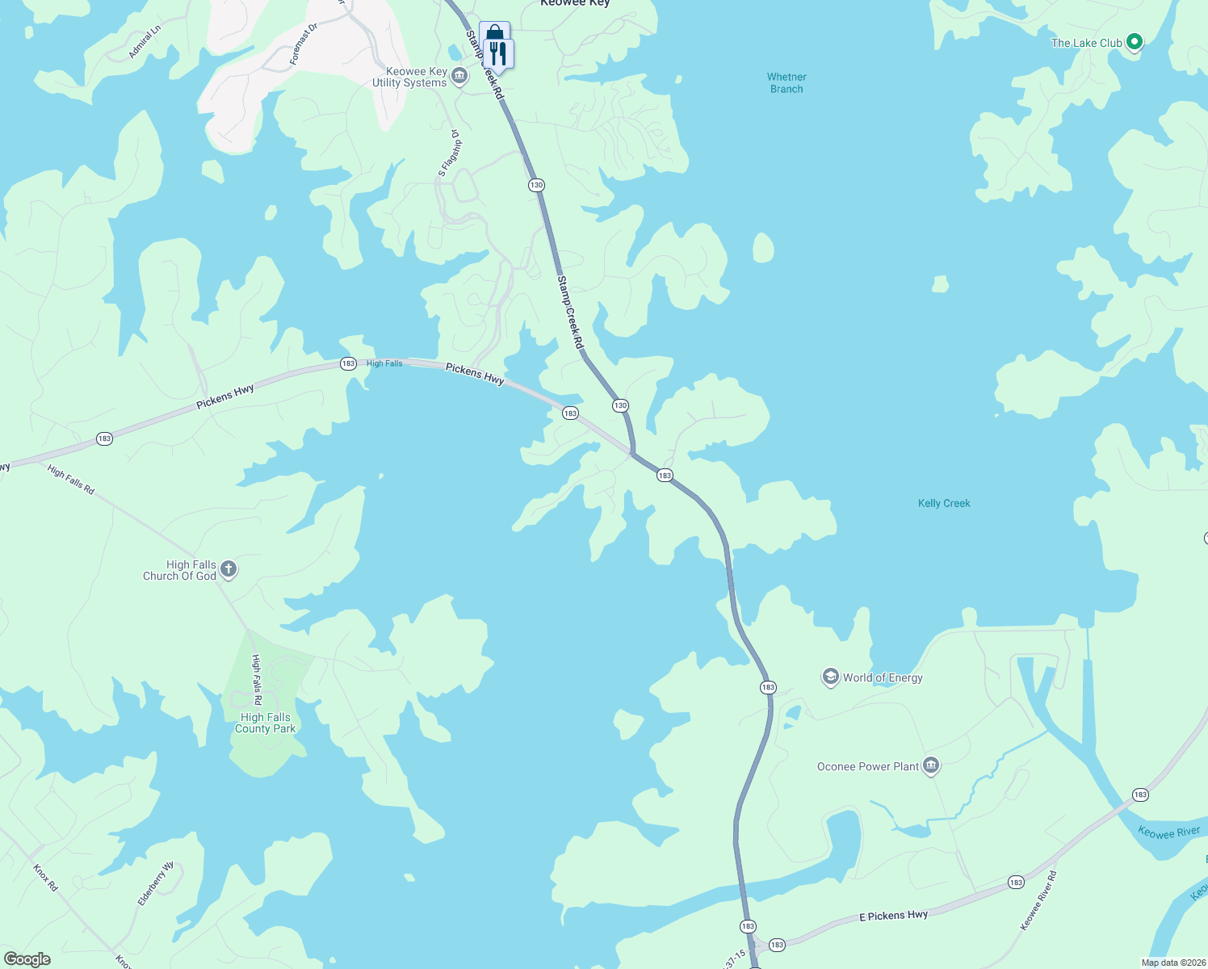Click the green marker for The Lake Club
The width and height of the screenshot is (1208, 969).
(1134, 42)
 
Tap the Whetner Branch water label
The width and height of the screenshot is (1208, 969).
(786, 83)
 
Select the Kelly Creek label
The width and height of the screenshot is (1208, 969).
(944, 503)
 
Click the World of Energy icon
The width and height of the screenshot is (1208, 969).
(830, 677)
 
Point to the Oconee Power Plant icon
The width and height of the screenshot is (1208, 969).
(930, 766)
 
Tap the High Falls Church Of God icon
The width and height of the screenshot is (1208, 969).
(229, 570)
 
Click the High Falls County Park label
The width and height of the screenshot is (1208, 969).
(265, 723)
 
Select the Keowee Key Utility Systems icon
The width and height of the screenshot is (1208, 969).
(459, 77)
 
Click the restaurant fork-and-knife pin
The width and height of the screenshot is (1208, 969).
(499, 55)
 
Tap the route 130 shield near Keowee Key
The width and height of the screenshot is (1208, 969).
(536, 185)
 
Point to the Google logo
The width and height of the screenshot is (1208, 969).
(27, 959)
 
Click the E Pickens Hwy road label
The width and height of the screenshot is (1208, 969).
(893, 916)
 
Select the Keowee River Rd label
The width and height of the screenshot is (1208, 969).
(1038, 900)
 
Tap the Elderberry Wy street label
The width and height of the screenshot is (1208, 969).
(156, 883)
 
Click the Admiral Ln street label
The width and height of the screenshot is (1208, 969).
(145, 41)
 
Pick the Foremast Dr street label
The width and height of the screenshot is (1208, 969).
(304, 44)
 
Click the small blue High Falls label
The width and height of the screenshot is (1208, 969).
(384, 363)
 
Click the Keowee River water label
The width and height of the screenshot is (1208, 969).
(1168, 832)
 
